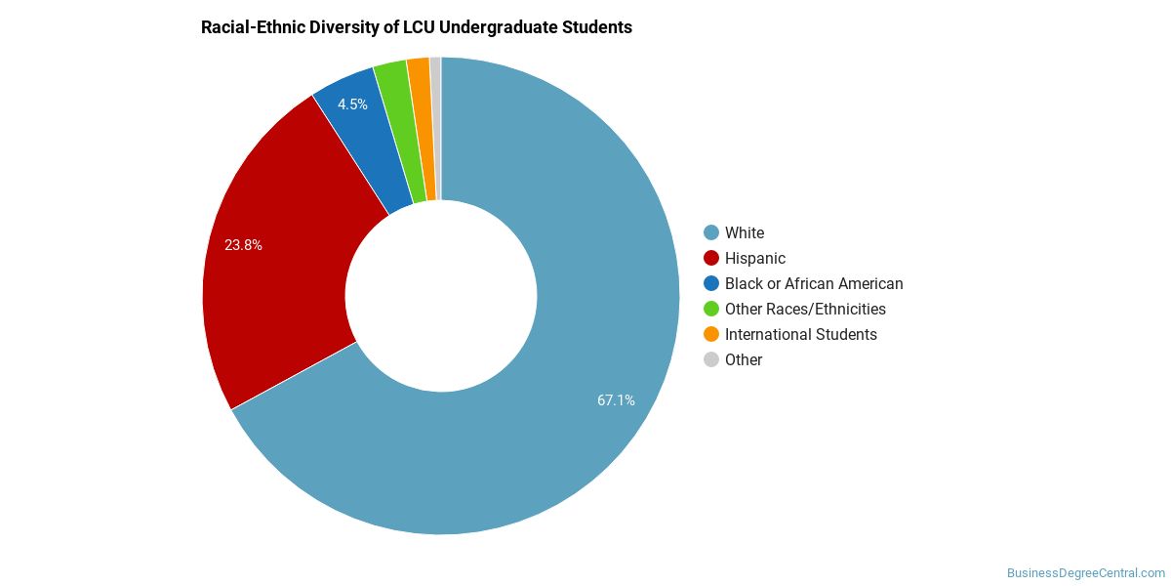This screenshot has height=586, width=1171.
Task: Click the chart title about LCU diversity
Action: pyautogui.click(x=417, y=27)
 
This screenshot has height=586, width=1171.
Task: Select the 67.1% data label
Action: pyautogui.click(x=616, y=400)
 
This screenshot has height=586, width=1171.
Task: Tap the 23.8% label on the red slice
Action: pyautogui.click(x=243, y=245)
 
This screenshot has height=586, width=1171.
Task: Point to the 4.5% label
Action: pyautogui.click(x=352, y=105)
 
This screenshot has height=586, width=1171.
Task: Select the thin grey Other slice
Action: pyautogui.click(x=437, y=128)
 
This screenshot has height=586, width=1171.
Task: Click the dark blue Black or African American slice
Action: pyautogui.click(x=366, y=142)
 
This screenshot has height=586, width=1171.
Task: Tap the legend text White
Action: pyautogui.click(x=745, y=232)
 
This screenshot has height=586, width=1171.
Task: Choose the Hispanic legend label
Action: pyautogui.click(x=755, y=259)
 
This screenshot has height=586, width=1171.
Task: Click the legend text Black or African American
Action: pyautogui.click(x=814, y=283)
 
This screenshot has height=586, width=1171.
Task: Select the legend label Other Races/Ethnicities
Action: pyautogui.click(x=805, y=310)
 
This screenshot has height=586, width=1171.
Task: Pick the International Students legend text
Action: pyautogui.click(x=801, y=334)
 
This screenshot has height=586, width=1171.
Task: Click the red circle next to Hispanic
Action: pyautogui.click(x=711, y=258)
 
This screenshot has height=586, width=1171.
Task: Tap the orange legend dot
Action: pyautogui.click(x=711, y=334)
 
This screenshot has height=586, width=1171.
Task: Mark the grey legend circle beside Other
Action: pyautogui.click(x=711, y=360)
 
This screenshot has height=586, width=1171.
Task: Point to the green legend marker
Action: pyautogui.click(x=711, y=309)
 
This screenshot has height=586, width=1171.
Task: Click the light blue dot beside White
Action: pyautogui.click(x=711, y=232)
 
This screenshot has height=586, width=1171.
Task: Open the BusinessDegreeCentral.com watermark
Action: pyautogui.click(x=1086, y=573)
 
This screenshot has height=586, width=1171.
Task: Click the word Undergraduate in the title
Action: pyautogui.click(x=499, y=27)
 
